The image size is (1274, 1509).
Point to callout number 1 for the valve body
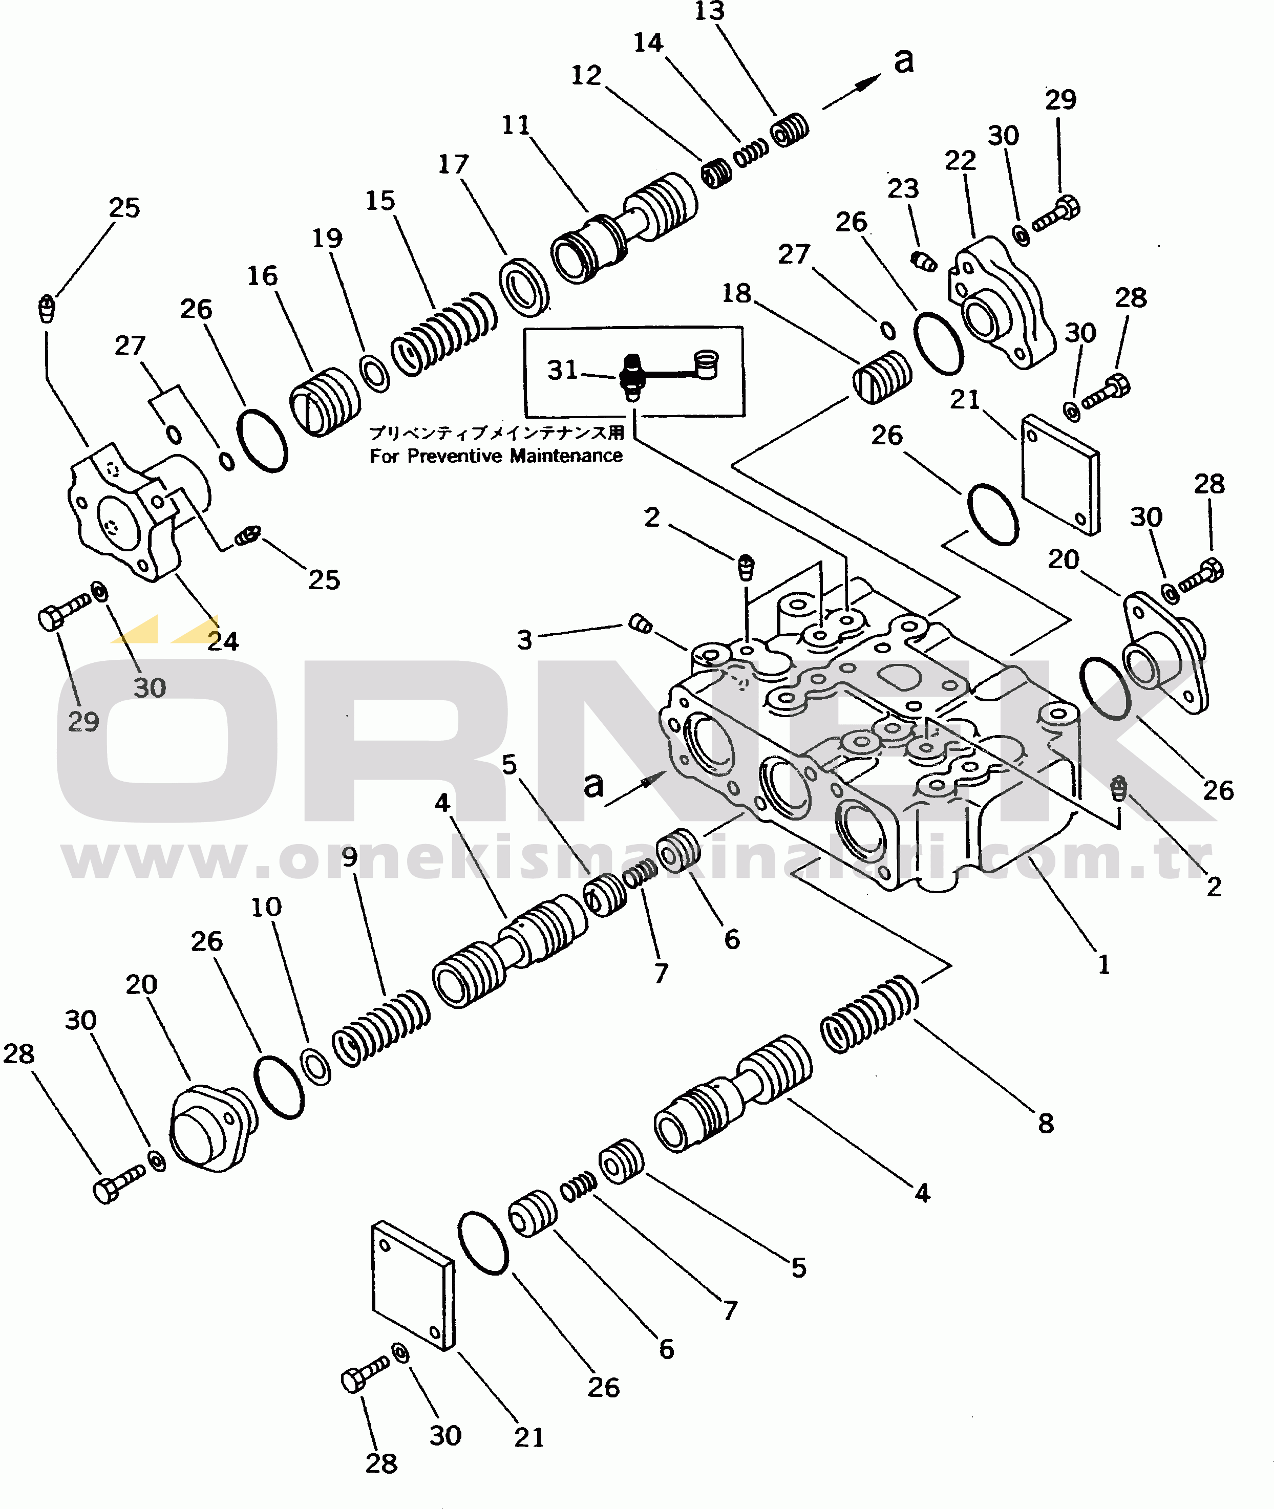click(x=1103, y=964)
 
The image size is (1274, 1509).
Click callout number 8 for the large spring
click(x=1046, y=1123)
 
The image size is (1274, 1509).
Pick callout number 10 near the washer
click(x=266, y=907)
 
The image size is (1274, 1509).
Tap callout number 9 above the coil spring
click(x=350, y=857)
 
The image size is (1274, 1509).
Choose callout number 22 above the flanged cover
click(x=961, y=160)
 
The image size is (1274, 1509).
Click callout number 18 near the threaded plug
click(x=737, y=293)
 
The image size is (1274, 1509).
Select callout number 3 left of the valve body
click(x=524, y=640)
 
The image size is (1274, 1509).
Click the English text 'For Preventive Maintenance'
click(x=496, y=456)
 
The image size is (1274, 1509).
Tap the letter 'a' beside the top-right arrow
click(x=903, y=60)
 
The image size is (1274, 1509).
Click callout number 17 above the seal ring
click(x=454, y=164)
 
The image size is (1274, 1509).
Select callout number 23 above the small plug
click(x=903, y=188)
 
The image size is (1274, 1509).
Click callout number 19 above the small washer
click(x=327, y=238)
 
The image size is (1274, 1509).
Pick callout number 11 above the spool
click(x=516, y=125)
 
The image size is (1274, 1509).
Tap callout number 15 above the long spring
click(x=380, y=200)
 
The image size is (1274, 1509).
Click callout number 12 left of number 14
click(x=586, y=75)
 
